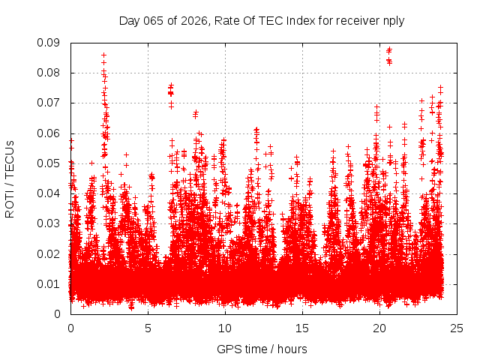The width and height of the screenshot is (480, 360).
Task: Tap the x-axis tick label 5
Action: [x=148, y=328]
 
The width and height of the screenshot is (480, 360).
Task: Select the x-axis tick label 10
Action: [x=225, y=328]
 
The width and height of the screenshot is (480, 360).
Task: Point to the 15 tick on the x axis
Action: [x=302, y=328]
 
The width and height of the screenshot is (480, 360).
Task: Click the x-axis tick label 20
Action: [x=379, y=328]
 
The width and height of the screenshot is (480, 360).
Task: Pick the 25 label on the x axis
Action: [x=457, y=328]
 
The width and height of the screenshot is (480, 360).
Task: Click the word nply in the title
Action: [x=393, y=21]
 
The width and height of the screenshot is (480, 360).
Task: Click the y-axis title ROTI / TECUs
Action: [x=10, y=178]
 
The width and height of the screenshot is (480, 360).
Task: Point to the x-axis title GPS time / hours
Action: [x=262, y=349]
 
